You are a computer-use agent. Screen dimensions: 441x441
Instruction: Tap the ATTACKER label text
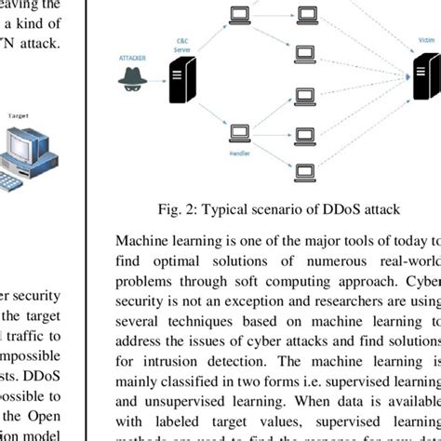133,57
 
